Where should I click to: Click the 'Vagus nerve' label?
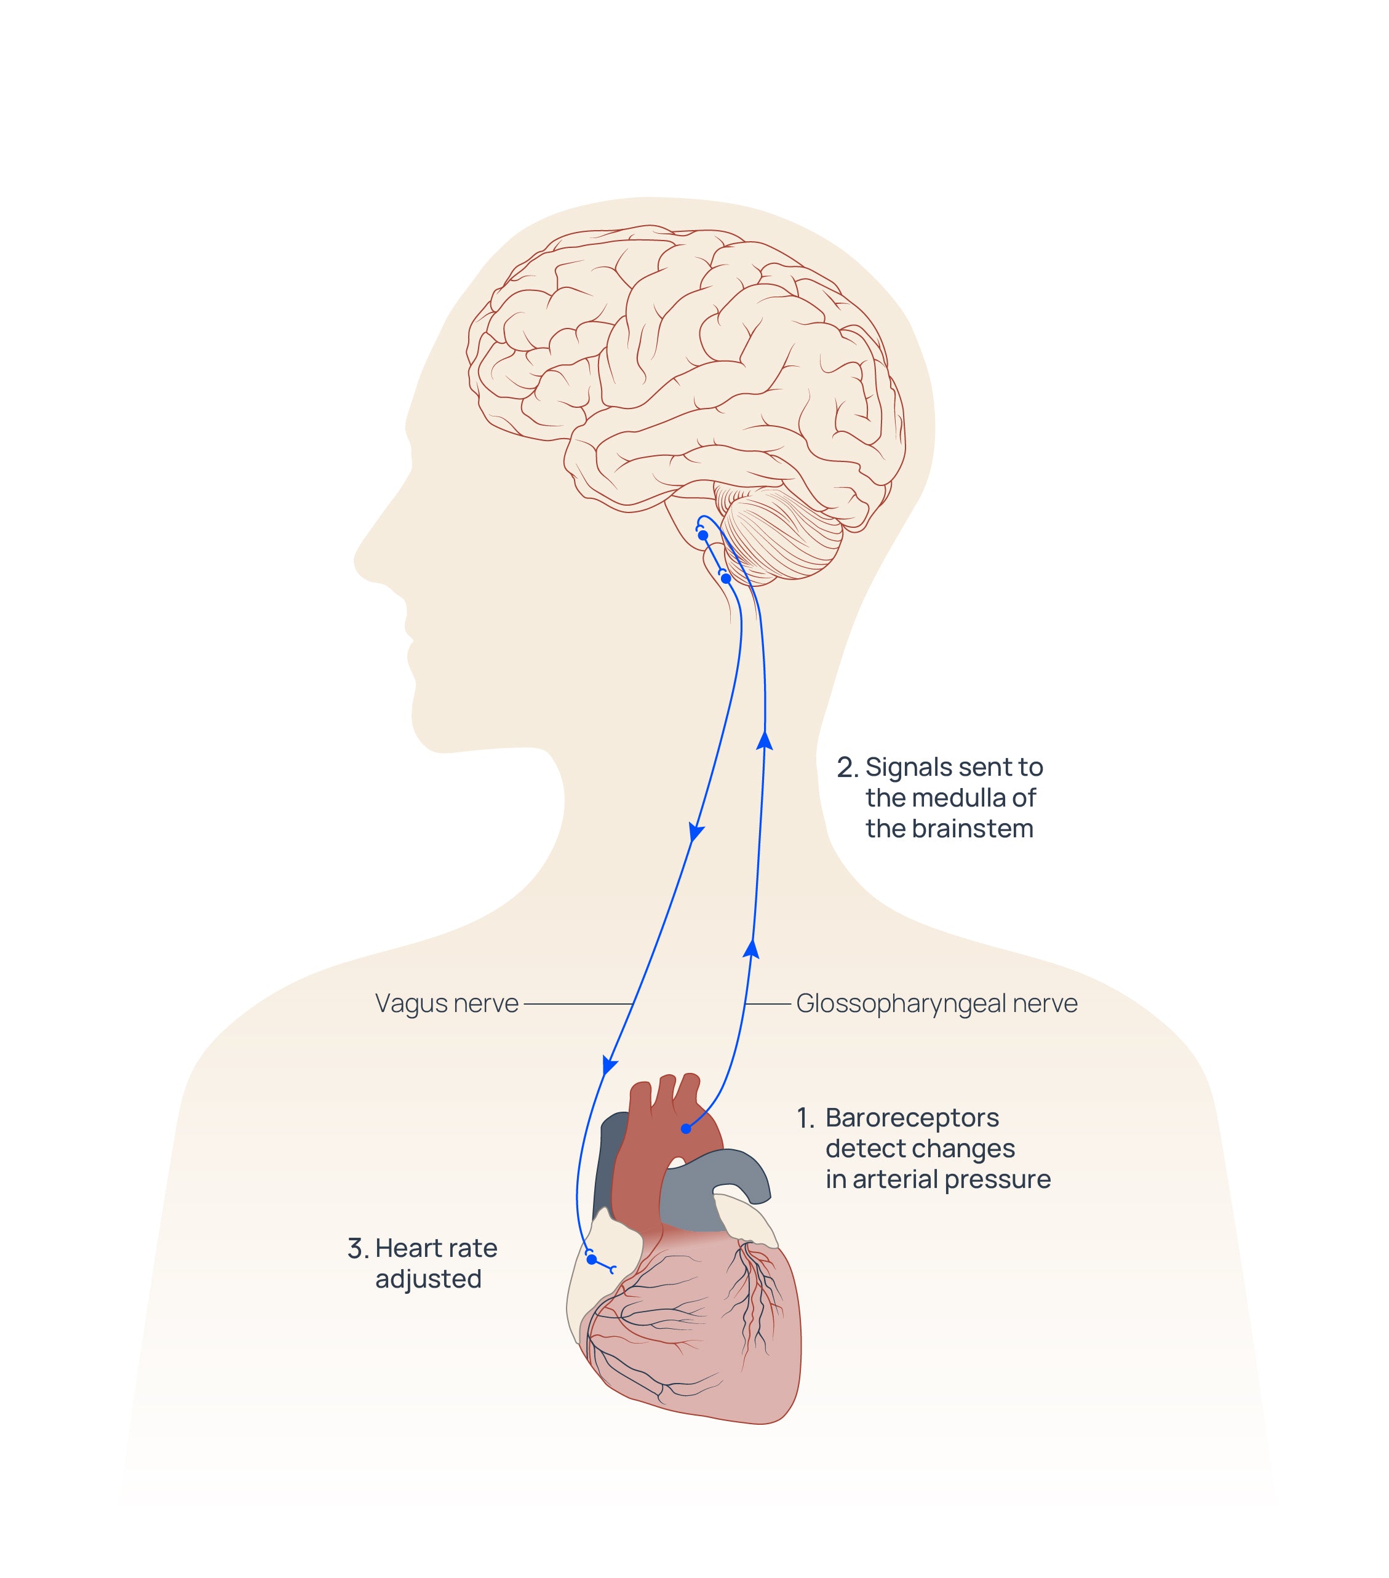pos(446,1003)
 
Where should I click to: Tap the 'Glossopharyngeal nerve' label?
pos(936,1003)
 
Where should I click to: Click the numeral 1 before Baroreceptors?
pos(805,1118)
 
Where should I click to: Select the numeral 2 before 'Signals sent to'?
pos(846,768)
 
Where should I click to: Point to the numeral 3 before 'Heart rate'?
pos(357,1248)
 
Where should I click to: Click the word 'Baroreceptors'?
pos(912,1118)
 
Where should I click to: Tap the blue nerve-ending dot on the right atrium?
pos(591,1260)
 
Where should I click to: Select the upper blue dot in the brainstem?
pos(702,535)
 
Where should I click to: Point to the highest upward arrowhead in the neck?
pos(765,741)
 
